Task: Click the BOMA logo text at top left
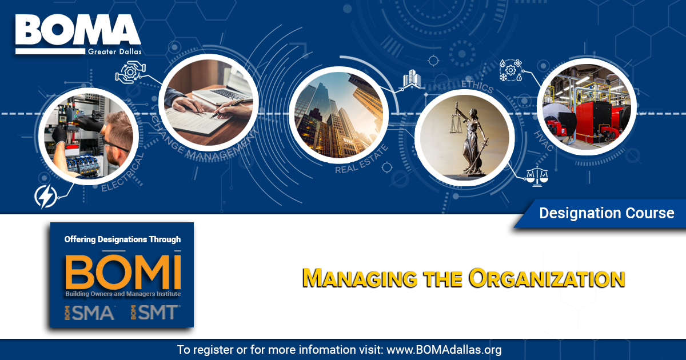(78, 30)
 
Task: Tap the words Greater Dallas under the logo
(115, 51)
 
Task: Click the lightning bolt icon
(46, 196)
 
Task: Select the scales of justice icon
(537, 177)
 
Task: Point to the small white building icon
(412, 79)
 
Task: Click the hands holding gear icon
(130, 72)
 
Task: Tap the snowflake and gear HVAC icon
(510, 70)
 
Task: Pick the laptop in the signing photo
(226, 87)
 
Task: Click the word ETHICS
(477, 86)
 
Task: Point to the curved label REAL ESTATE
(362, 160)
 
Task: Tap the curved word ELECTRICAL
(122, 173)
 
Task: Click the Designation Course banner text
(607, 213)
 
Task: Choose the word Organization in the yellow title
(547, 278)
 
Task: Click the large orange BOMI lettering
(123, 272)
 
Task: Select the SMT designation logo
(155, 313)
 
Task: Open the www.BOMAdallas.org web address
(444, 350)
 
